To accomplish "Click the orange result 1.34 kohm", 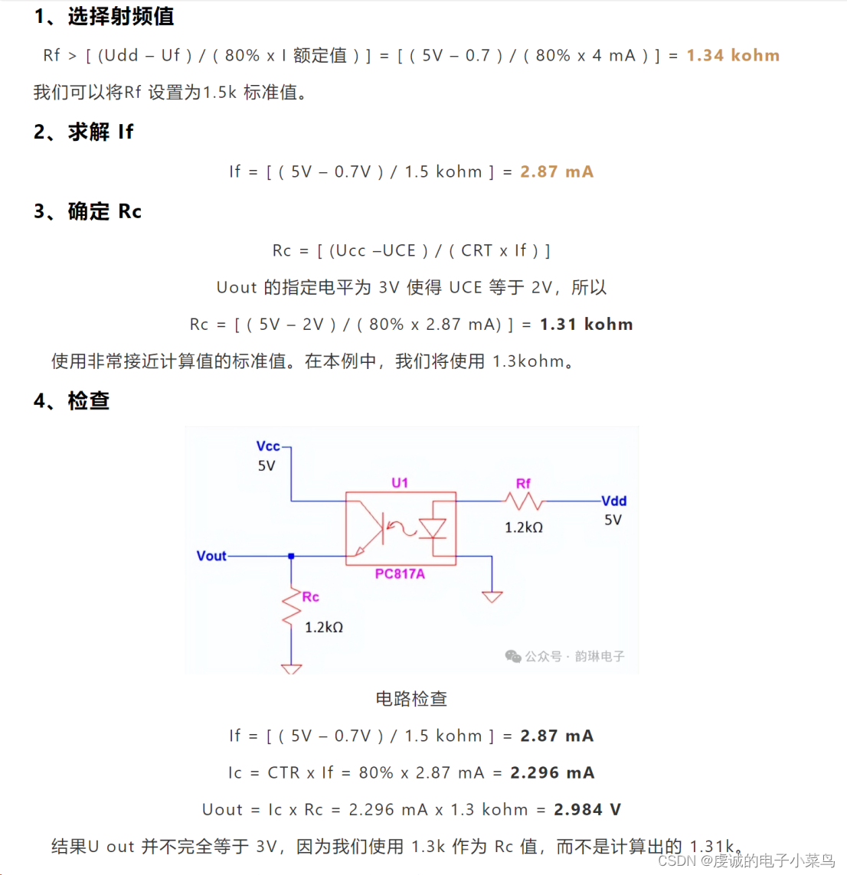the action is point(732,56).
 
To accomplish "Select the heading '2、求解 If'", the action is point(83,132).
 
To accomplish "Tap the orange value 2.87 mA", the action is point(557,172).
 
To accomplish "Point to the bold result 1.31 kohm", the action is point(586,325).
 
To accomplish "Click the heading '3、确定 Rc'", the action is point(87,212).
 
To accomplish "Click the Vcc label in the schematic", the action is point(268,446).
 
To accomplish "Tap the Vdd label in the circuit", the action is point(613,501).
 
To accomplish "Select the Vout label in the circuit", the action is point(211,556).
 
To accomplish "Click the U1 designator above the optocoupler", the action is point(400,483).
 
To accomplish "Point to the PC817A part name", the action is point(400,574).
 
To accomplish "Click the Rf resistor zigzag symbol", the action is point(524,501).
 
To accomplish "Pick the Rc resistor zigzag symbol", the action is point(292,607).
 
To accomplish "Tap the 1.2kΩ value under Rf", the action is point(524,527).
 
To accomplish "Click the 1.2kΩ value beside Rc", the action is point(324,628).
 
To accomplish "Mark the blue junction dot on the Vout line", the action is point(291,556).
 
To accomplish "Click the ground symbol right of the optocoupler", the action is point(492,596).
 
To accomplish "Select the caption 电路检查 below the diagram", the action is point(411,699).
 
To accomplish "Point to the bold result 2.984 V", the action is point(587,810).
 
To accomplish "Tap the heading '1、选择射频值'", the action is point(104,17).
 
